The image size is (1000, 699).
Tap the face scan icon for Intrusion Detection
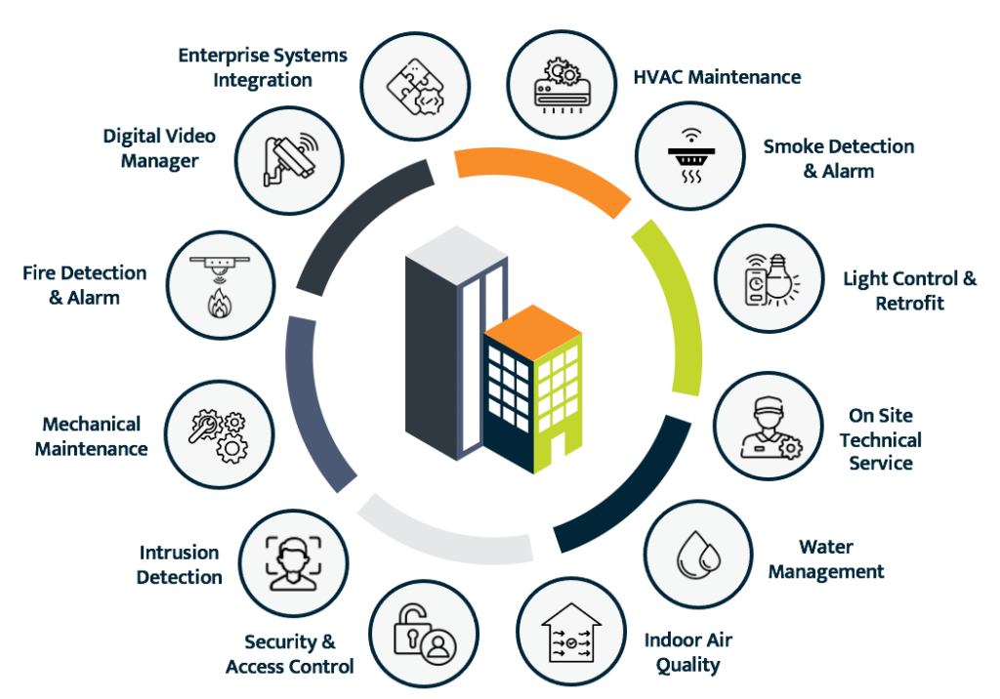coord(288,561)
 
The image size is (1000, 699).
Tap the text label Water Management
coord(826,559)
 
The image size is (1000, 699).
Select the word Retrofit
coord(909,304)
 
